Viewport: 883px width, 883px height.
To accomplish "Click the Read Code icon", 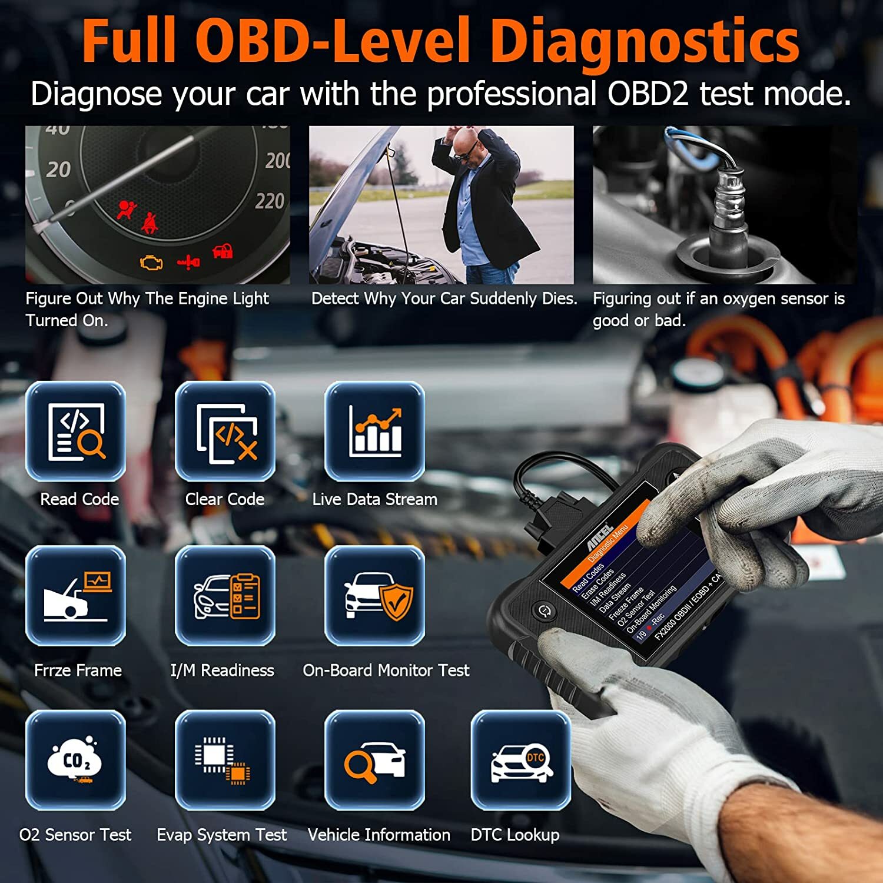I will [75, 431].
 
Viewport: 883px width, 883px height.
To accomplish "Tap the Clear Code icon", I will [225, 431].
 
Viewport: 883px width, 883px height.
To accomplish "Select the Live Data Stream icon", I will [374, 431].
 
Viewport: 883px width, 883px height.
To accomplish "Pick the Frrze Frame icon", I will [75, 596].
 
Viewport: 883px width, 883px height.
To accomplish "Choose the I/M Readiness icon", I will [225, 596].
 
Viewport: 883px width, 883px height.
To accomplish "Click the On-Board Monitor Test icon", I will [374, 596].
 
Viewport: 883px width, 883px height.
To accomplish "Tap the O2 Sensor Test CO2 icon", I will [75, 761].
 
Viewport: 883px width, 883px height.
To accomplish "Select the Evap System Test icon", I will [225, 761].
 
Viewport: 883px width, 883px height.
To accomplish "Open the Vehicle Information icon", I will [374, 761].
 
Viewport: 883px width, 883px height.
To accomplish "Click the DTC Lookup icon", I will [521, 761].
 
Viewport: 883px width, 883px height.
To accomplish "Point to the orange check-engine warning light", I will [151, 262].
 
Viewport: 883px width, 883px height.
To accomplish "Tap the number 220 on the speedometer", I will [270, 201].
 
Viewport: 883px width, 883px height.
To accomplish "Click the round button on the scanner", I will [544, 610].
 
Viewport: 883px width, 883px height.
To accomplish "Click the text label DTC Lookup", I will [515, 835].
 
